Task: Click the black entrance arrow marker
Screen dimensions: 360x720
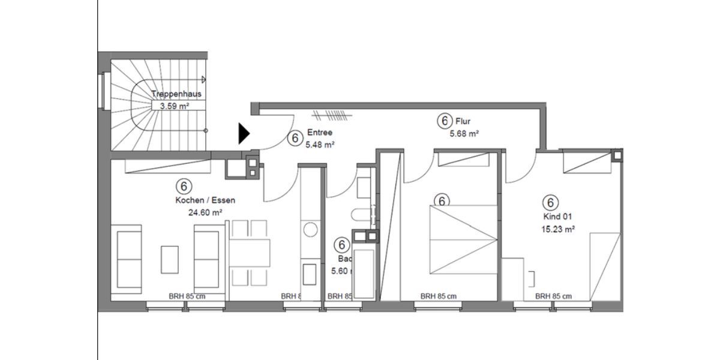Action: (x=243, y=134)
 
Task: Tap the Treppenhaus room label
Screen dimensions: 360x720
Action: (x=176, y=94)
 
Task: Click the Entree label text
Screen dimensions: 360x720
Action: (x=319, y=133)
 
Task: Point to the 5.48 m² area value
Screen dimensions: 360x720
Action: (x=320, y=145)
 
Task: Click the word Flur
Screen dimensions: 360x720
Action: (x=463, y=122)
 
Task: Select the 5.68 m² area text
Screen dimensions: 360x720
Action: (x=464, y=134)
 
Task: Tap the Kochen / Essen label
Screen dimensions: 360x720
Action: (x=205, y=200)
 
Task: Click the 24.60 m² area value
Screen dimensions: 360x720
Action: (x=205, y=212)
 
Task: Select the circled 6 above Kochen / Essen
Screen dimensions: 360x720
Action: (x=184, y=185)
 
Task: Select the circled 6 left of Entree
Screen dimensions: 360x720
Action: (x=294, y=139)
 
